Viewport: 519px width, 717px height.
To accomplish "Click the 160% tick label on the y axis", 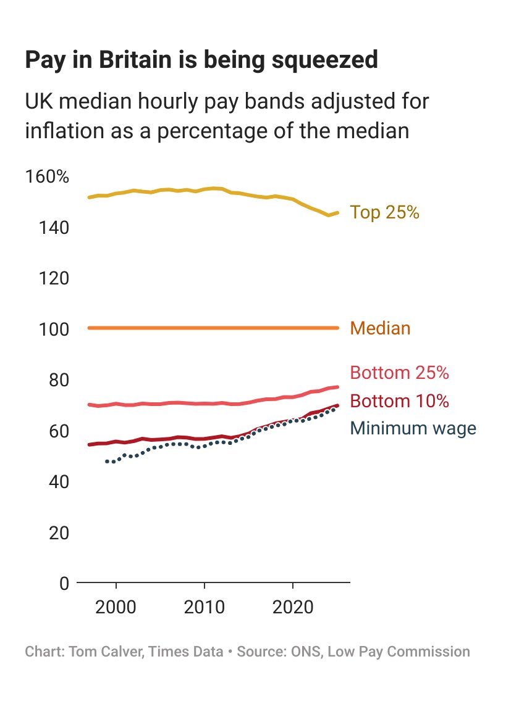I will click(x=47, y=177).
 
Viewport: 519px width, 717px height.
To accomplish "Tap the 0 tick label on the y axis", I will click(x=64, y=582).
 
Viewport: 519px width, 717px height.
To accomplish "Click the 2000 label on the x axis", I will click(x=116, y=604).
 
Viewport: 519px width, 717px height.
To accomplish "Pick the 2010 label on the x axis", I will click(x=204, y=604).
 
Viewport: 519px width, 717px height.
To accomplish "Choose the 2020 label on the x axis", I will click(x=292, y=604).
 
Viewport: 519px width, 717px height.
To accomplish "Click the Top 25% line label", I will click(x=384, y=212).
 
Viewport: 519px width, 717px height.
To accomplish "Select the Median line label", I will click(x=380, y=328).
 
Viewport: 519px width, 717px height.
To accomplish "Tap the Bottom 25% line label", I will click(x=399, y=373).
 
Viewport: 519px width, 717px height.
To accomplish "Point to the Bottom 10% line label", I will click(x=399, y=401).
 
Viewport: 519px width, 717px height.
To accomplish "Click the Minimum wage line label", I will click(x=413, y=428).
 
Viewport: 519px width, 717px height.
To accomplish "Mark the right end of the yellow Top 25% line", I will click(x=337, y=213).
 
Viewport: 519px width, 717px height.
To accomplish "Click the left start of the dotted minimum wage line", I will click(x=107, y=461).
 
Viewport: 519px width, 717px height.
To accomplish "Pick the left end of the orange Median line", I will click(x=90, y=328).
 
